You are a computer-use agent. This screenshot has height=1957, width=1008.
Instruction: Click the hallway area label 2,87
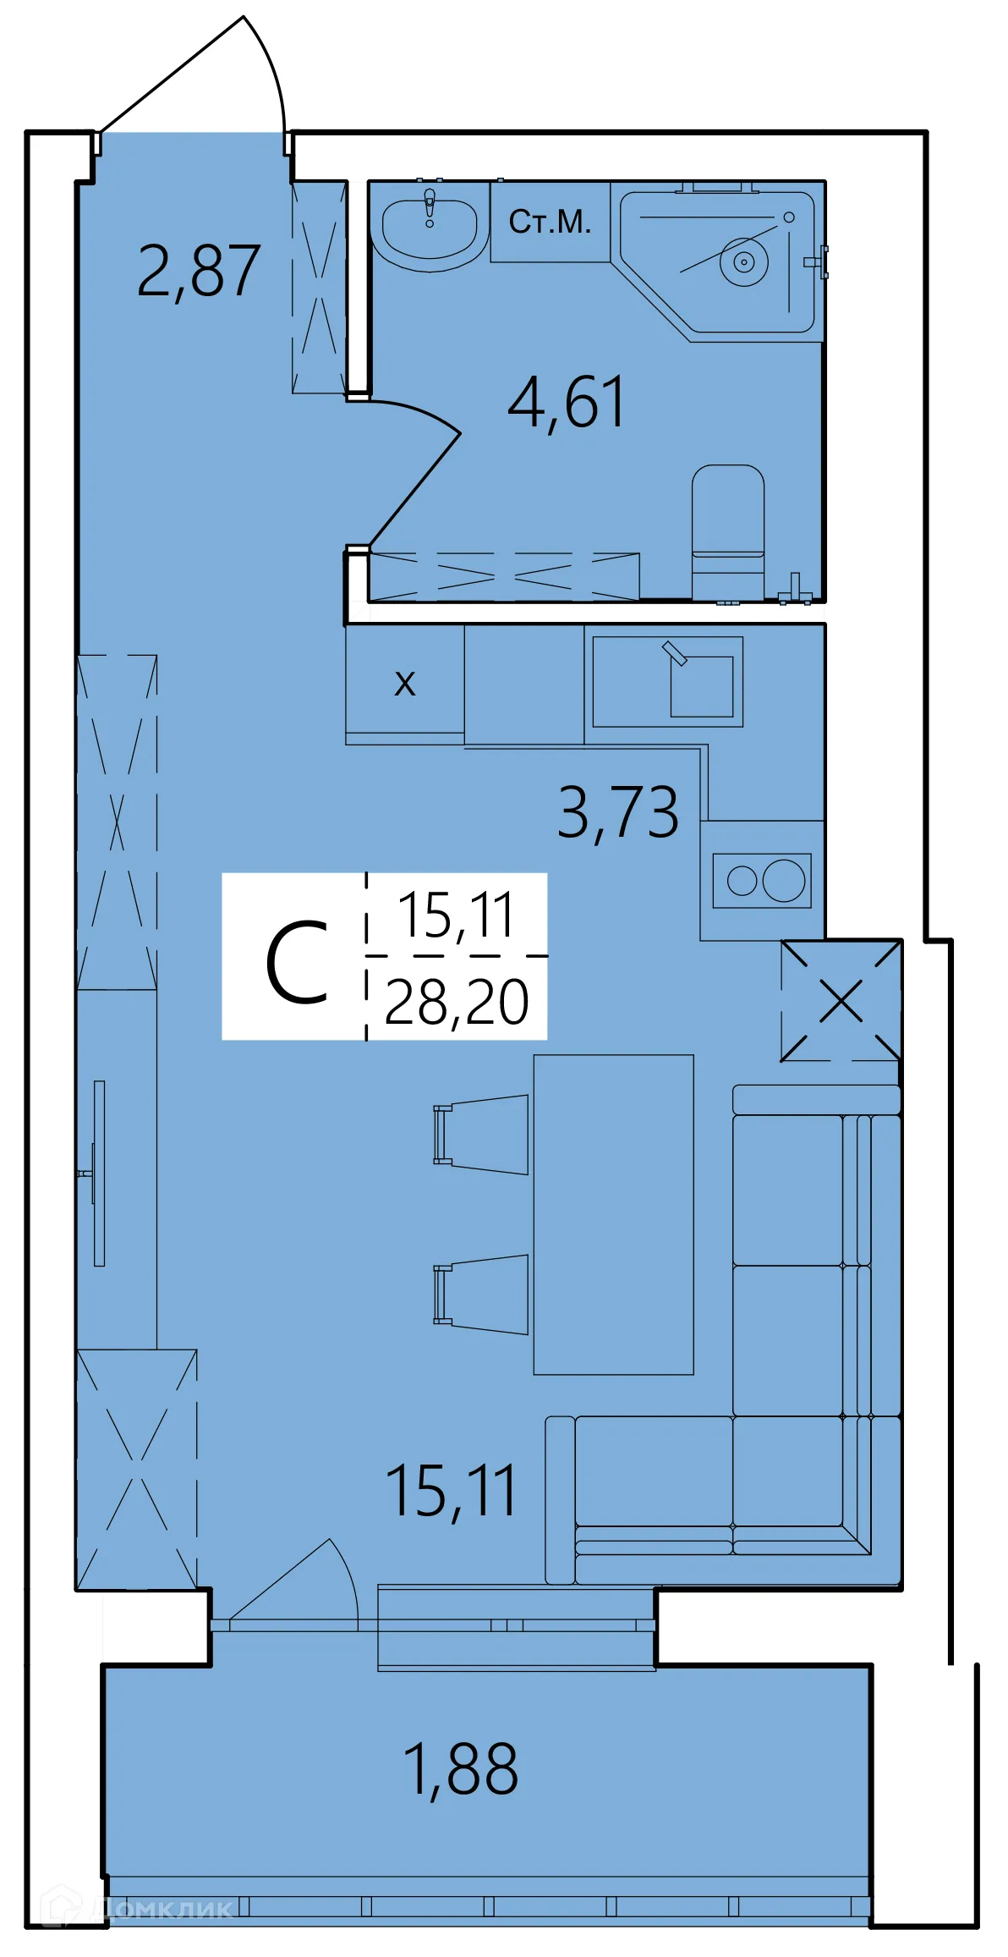tap(198, 272)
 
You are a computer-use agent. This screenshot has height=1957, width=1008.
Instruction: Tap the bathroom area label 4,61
tap(566, 403)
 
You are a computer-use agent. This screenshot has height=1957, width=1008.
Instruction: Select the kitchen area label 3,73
tap(617, 812)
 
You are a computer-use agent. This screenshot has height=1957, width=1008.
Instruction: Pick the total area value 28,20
tap(457, 1003)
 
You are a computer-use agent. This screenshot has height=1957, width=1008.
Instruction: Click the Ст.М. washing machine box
tap(550, 222)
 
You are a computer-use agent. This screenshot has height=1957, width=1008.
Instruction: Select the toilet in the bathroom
tap(727, 525)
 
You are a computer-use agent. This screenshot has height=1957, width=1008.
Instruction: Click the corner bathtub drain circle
tap(744, 261)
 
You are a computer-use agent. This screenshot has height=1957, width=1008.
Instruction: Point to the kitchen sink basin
tap(702, 686)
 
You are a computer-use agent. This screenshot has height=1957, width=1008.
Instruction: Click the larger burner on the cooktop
tap(784, 881)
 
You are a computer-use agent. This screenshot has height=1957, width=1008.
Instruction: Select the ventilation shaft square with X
tap(841, 1001)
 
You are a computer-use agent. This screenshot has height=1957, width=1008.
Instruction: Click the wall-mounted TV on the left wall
tap(99, 1173)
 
